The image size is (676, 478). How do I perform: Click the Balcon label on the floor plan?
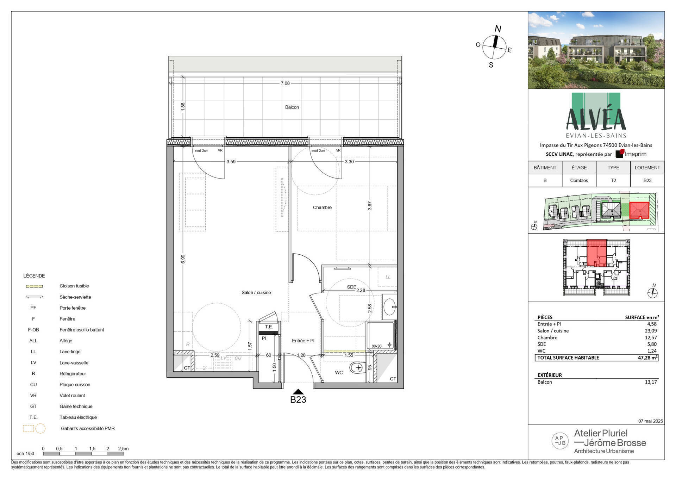(x=292, y=107)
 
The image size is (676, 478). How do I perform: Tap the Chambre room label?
(x=322, y=207)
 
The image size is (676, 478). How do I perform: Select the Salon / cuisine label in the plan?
(x=256, y=292)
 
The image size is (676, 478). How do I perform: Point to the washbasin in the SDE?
(x=389, y=306)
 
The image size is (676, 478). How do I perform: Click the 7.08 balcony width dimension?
(x=285, y=83)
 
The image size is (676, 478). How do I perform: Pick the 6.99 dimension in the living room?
(x=183, y=259)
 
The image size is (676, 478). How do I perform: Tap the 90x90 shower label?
(x=377, y=346)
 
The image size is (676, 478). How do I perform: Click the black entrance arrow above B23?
(x=298, y=392)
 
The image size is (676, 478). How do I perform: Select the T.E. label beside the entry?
(x=269, y=327)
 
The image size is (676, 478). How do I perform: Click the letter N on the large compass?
(x=498, y=29)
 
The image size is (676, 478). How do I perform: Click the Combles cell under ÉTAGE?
(x=579, y=180)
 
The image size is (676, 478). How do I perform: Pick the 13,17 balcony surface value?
(x=651, y=382)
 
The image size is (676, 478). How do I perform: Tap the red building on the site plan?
(x=639, y=210)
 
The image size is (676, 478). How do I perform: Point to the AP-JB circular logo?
(x=560, y=440)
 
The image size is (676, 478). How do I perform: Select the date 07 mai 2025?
(x=650, y=421)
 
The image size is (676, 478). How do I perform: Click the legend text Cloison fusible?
(x=74, y=286)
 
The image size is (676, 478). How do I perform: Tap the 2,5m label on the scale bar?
(x=123, y=449)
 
